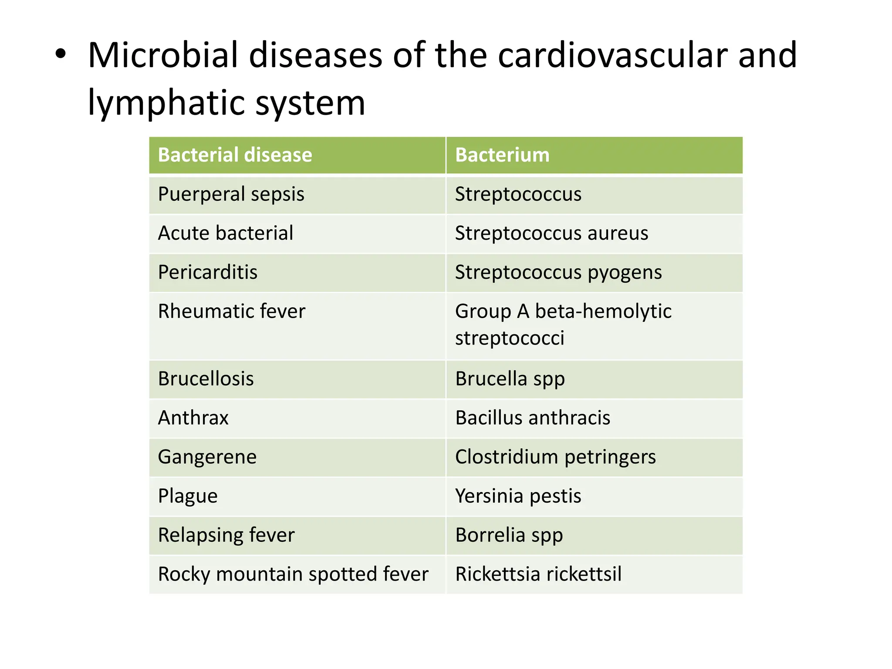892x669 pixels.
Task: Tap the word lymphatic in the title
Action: click(x=167, y=103)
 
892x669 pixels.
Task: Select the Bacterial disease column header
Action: click(x=235, y=155)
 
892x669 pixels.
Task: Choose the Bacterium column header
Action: click(x=502, y=155)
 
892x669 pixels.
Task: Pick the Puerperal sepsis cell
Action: click(x=231, y=194)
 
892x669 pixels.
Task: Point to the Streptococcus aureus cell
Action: click(x=551, y=233)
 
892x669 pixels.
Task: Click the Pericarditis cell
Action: click(x=208, y=272)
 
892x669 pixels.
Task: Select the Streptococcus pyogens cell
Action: click(x=558, y=272)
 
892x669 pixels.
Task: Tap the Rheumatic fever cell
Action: click(x=232, y=311)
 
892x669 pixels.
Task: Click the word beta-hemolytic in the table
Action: click(x=603, y=311)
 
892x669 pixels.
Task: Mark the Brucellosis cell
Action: click(x=206, y=379)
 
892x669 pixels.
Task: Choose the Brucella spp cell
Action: click(x=510, y=379)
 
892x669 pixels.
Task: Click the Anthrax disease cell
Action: click(x=193, y=418)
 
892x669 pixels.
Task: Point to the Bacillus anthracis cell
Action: click(x=533, y=418)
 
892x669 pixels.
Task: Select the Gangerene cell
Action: click(x=207, y=457)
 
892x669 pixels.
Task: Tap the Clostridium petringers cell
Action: click(x=555, y=457)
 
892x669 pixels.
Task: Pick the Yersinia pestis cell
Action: click(x=518, y=496)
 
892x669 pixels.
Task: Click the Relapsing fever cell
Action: click(x=226, y=535)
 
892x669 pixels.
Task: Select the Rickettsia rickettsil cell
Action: click(x=538, y=574)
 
